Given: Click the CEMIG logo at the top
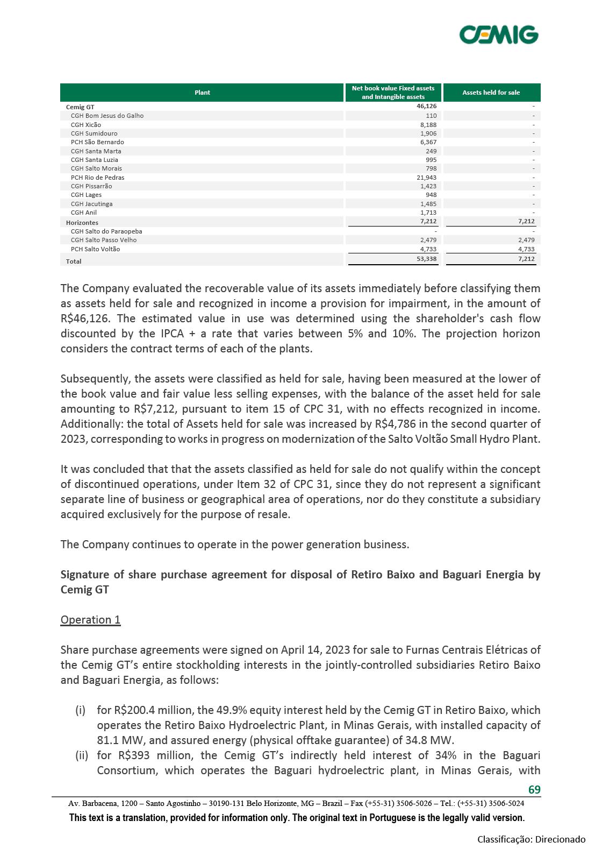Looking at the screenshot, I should click(x=498, y=34).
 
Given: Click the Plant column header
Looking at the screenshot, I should click(x=202, y=93).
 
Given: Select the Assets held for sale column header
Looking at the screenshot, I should click(x=491, y=93).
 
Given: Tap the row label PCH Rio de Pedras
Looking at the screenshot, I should click(x=97, y=178).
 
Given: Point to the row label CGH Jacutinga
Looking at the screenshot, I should click(x=91, y=204).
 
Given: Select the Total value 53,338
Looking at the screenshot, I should click(x=426, y=259).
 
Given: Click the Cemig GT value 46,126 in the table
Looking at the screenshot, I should click(x=426, y=107).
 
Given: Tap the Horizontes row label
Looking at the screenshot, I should click(x=82, y=223).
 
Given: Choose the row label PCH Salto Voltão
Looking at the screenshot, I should click(x=95, y=249).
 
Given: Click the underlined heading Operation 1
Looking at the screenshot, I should click(x=90, y=620).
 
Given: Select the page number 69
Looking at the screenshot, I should click(x=534, y=789).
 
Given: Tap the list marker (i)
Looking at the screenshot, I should click(x=81, y=710).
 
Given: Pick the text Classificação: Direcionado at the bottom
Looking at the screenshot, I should click(x=531, y=839).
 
